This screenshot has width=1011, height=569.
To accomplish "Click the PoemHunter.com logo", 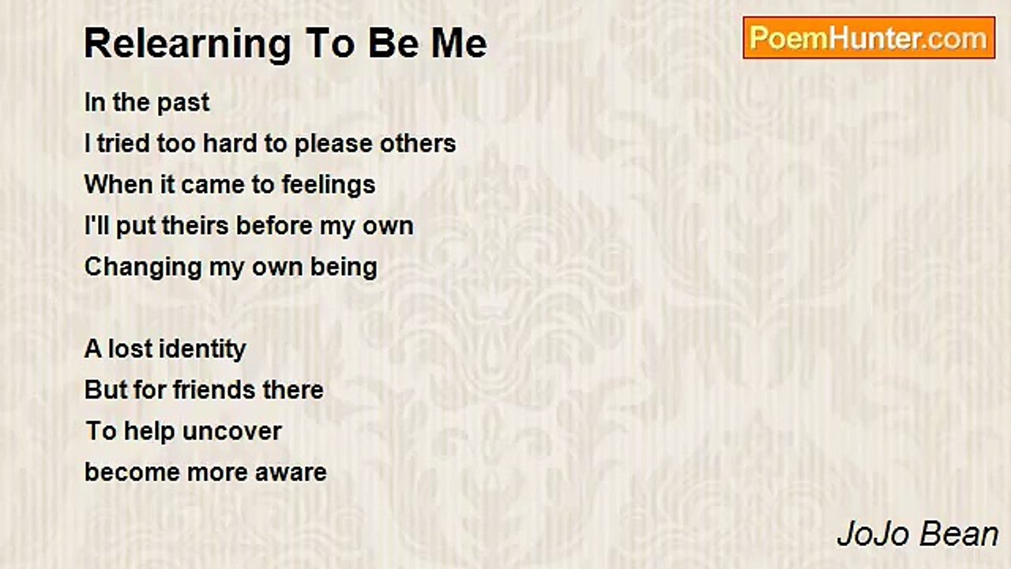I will [x=869, y=38].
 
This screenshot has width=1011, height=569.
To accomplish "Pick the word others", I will [x=417, y=144].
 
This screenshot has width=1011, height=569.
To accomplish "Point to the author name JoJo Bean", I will [x=918, y=534].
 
